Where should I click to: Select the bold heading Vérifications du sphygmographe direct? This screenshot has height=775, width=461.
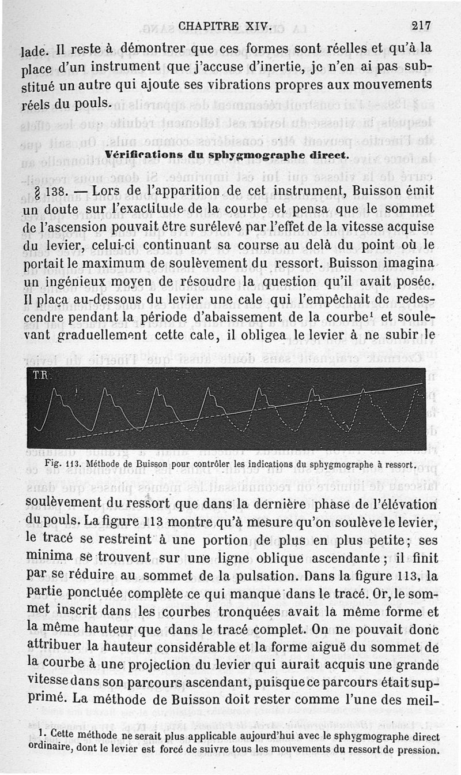click(227, 155)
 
